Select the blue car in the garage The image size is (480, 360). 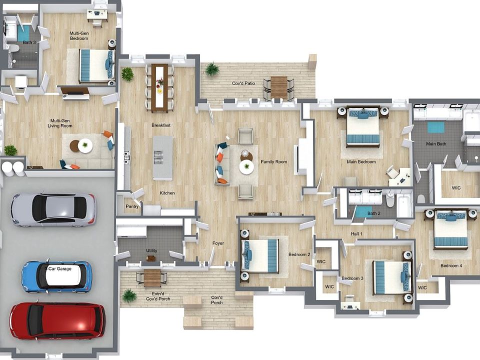click(56, 276)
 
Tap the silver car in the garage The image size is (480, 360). click(53, 209)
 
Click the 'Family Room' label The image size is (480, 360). click(274, 162)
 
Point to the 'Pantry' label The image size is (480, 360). click(132, 206)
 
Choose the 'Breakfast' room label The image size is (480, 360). click(161, 125)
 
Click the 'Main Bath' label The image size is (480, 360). click(435, 144)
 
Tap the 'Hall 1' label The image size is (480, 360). click(356, 233)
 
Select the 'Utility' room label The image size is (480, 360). click(151, 250)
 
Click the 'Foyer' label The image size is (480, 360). click(218, 243)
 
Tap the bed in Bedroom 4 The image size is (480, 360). click(450, 229)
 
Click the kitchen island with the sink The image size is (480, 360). click(162, 157)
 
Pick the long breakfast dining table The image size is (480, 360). click(160, 87)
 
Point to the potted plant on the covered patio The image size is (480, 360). click(212, 69)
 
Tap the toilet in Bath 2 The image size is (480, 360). click(390, 200)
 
